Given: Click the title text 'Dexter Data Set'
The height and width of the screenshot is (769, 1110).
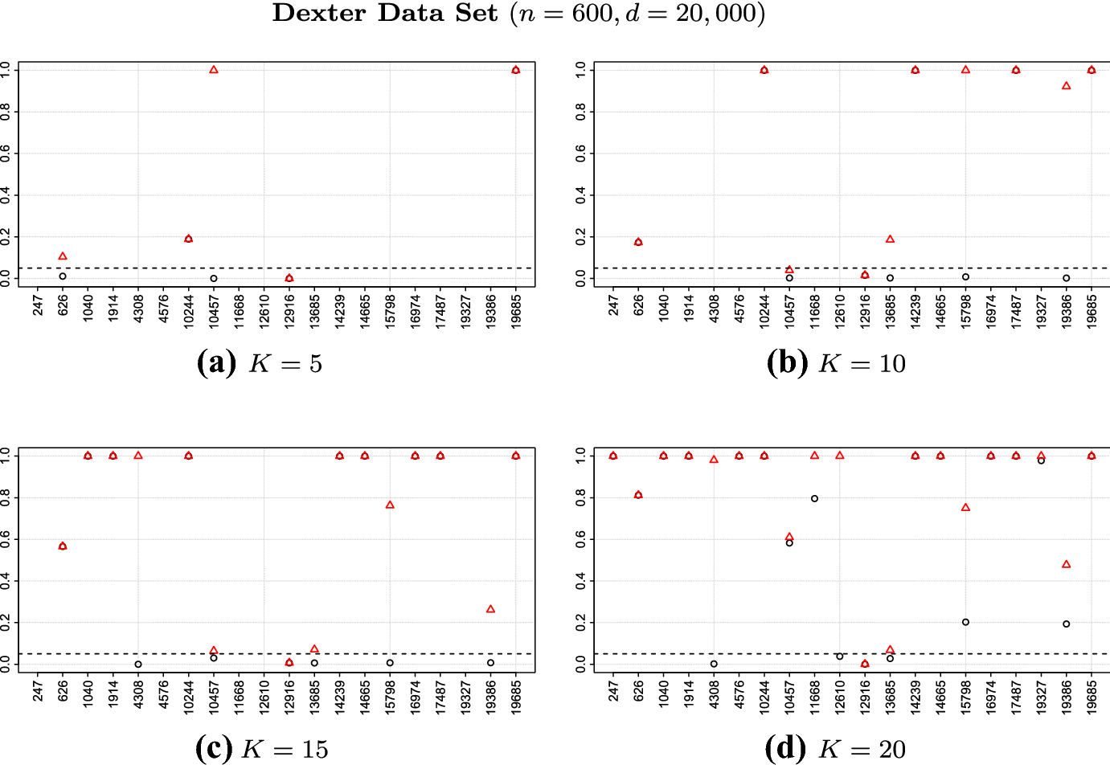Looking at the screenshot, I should pyautogui.click(x=385, y=14).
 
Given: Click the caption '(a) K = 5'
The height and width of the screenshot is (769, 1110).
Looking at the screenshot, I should pyautogui.click(x=260, y=363).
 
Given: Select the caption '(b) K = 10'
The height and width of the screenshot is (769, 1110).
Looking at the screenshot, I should pyautogui.click(x=836, y=363).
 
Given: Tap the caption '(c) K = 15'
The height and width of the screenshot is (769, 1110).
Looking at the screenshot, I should pyautogui.click(x=261, y=749).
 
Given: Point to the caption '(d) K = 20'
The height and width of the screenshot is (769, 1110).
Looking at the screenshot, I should pyautogui.click(x=835, y=749).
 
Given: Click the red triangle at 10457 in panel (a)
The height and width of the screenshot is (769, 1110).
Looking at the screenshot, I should pyautogui.click(x=214, y=70).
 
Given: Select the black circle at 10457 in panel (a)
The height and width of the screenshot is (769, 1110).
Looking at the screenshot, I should pyautogui.click(x=214, y=279).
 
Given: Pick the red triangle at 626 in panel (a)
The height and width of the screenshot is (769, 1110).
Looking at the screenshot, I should pyautogui.click(x=63, y=256).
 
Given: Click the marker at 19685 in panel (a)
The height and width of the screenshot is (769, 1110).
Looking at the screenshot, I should pyautogui.click(x=516, y=70).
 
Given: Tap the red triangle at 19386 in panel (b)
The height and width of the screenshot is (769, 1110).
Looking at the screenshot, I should pyautogui.click(x=1067, y=86).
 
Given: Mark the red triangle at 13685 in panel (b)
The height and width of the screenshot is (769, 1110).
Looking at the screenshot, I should pyautogui.click(x=890, y=239).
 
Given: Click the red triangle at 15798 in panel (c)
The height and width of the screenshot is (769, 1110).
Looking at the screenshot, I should pyautogui.click(x=390, y=505).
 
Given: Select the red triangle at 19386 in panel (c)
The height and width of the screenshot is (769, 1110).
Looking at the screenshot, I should pyautogui.click(x=491, y=609).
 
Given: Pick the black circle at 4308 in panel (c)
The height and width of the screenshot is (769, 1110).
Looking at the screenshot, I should pyautogui.click(x=138, y=665).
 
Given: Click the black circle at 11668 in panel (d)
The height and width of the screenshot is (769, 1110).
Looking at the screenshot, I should pyautogui.click(x=814, y=498).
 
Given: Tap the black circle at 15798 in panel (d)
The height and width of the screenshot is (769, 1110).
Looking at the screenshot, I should pyautogui.click(x=965, y=622).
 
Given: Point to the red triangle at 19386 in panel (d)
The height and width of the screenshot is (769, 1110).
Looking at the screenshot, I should pyautogui.click(x=1067, y=564).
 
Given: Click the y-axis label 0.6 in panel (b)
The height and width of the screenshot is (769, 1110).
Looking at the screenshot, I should pyautogui.click(x=580, y=153).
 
